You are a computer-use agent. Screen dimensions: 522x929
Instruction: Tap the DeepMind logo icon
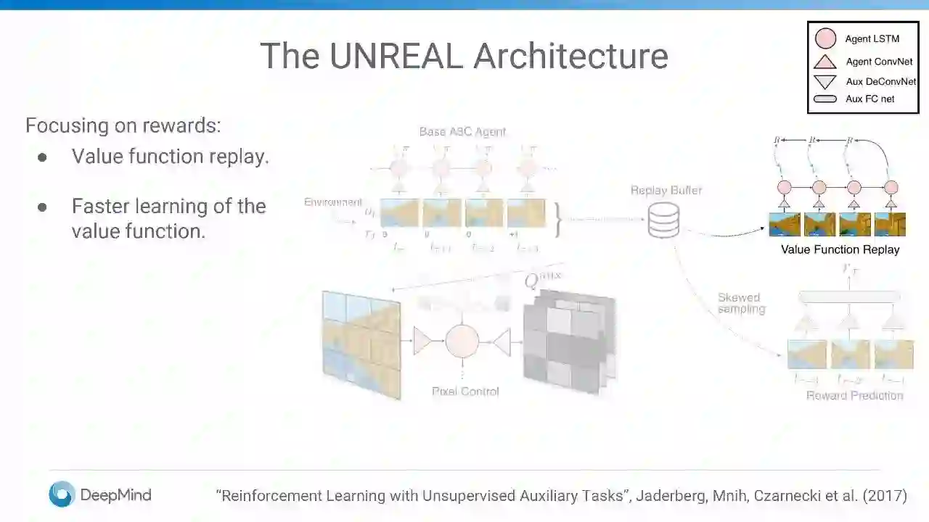[x=62, y=494]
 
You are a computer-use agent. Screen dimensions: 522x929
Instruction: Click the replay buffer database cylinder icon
[x=663, y=220]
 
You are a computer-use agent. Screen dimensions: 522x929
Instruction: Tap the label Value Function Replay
[x=840, y=249]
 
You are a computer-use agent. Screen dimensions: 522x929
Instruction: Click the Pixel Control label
[x=465, y=391]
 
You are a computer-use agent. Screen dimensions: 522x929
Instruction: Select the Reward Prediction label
[x=854, y=395]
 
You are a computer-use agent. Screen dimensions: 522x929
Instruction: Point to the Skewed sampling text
[x=741, y=303]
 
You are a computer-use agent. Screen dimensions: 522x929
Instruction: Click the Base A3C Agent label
[x=462, y=132]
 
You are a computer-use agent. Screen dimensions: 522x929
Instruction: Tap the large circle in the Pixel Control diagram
[x=462, y=341]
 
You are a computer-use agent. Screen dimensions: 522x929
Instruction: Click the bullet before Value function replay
[x=43, y=157]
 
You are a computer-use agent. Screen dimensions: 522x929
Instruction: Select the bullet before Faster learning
[x=43, y=207]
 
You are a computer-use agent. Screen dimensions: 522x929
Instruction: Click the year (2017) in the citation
[x=884, y=496]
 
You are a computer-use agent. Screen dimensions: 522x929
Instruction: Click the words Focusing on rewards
[x=123, y=125]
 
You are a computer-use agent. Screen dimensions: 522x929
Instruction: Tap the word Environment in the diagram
[x=332, y=202]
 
